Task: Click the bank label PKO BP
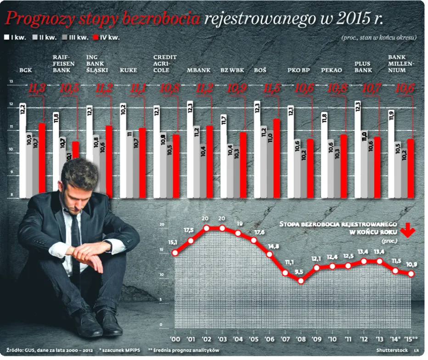(x=299, y=70)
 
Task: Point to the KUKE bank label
(x=128, y=70)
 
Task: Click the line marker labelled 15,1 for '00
(x=175, y=252)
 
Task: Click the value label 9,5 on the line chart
(x=299, y=272)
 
